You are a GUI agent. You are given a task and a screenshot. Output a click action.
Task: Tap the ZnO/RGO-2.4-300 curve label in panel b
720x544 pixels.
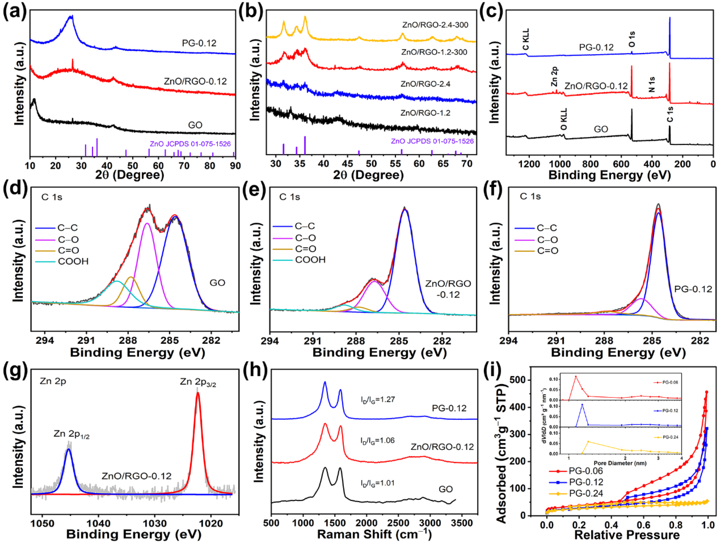(435, 25)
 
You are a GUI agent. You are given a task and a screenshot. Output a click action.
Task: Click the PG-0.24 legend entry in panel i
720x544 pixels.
(586, 494)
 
